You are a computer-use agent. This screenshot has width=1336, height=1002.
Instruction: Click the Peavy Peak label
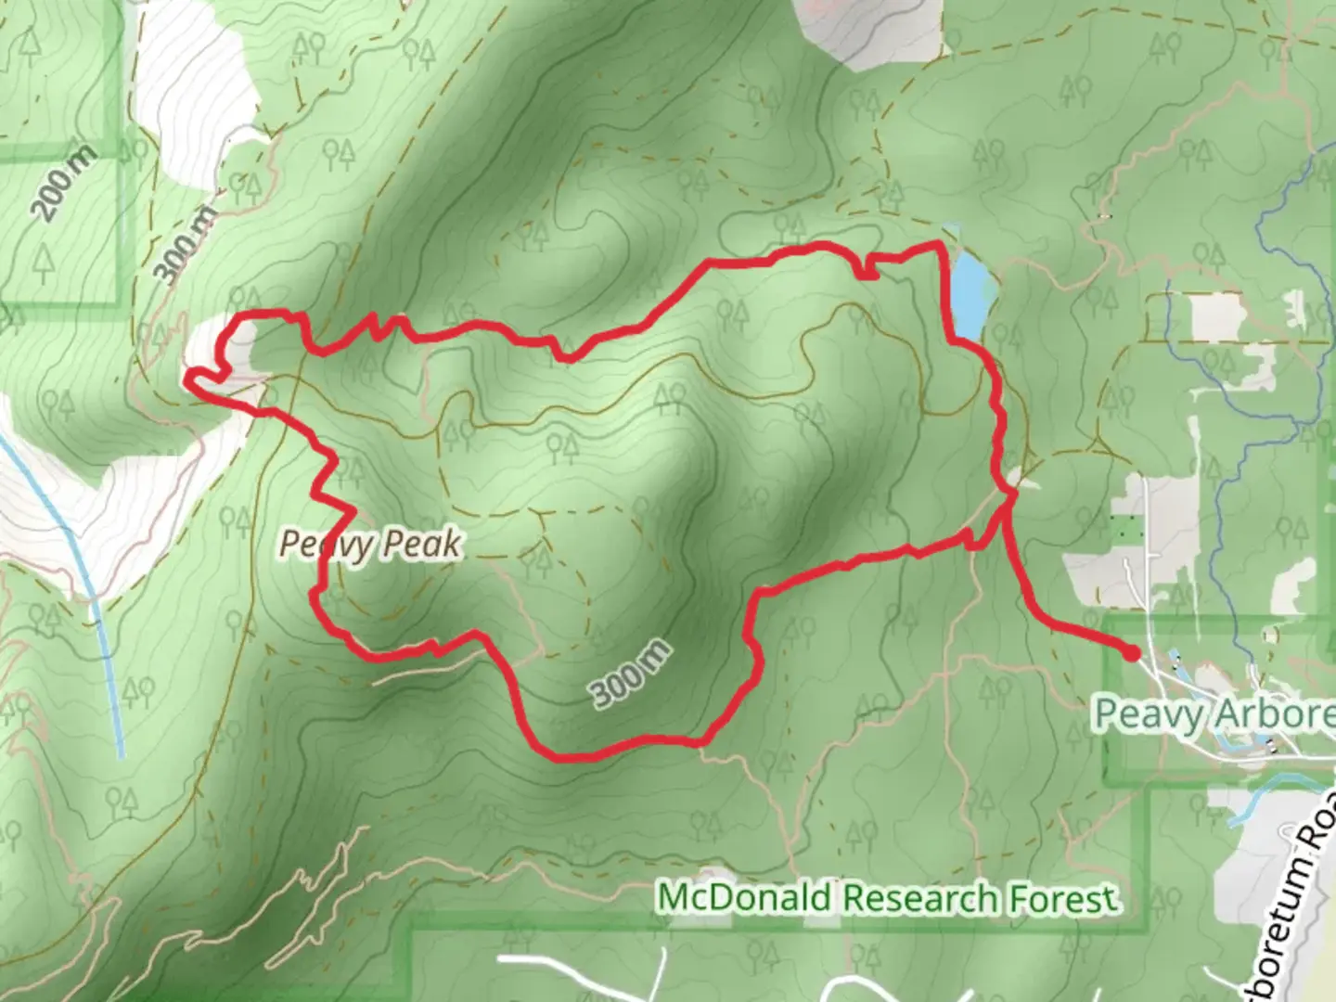coord(370,544)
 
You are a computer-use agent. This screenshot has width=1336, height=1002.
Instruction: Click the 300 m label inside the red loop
coord(631,674)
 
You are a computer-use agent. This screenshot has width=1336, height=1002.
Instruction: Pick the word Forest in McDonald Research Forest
coord(1060,898)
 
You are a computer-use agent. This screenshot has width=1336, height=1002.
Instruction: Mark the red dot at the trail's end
coord(1131,653)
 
